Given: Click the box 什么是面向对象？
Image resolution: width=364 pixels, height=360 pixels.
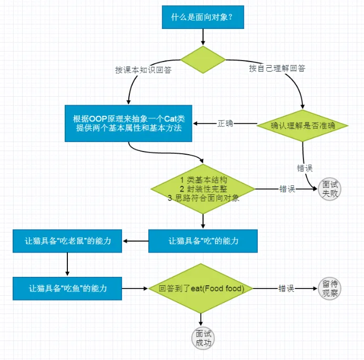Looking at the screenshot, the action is pyautogui.click(x=203, y=17).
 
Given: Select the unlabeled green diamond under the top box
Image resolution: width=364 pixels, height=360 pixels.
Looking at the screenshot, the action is pyautogui.click(x=203, y=59).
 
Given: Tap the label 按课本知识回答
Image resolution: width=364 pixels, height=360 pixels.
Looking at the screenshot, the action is pyautogui.click(x=143, y=69).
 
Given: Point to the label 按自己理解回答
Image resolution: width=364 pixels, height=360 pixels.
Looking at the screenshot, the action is pyautogui.click(x=277, y=68).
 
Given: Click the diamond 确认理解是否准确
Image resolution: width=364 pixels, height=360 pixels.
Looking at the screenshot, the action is pyautogui.click(x=302, y=126).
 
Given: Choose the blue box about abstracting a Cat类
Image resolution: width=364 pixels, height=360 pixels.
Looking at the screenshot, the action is pyautogui.click(x=128, y=123).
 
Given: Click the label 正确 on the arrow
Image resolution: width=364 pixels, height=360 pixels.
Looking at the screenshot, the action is pyautogui.click(x=225, y=123).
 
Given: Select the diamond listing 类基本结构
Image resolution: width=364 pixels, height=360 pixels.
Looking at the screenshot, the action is pyautogui.click(x=203, y=189).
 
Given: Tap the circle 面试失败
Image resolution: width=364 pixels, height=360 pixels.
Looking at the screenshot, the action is pyautogui.click(x=330, y=189).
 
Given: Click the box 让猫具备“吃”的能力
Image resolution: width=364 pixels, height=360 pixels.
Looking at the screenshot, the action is pyautogui.click(x=203, y=241).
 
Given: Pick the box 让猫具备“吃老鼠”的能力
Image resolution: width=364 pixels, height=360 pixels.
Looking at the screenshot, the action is pyautogui.click(x=67, y=241).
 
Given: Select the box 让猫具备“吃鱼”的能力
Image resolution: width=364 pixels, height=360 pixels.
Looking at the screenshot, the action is pyautogui.click(x=67, y=288).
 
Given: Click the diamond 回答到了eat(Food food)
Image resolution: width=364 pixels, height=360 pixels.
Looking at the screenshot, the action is pyautogui.click(x=201, y=288).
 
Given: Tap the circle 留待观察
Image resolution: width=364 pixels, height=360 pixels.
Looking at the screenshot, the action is pyautogui.click(x=330, y=288).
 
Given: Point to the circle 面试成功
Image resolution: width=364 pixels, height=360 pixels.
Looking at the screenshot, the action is pyautogui.click(x=203, y=338).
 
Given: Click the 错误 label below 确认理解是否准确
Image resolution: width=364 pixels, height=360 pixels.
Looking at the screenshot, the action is pyautogui.click(x=305, y=168).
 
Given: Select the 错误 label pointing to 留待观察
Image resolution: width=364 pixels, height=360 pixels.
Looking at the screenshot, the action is pyautogui.click(x=287, y=288).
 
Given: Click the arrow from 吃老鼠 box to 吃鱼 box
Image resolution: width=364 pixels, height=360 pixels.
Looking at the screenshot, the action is pyautogui.click(x=67, y=264).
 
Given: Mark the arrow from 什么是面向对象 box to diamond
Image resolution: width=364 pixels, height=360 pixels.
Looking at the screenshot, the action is pyautogui.click(x=203, y=37).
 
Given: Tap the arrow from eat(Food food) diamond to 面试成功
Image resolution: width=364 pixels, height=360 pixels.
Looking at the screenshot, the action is pyautogui.click(x=201, y=320).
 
